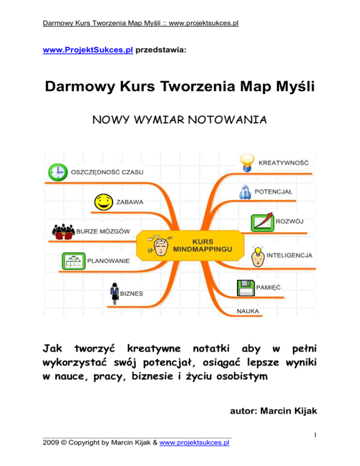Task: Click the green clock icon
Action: [x=57, y=173]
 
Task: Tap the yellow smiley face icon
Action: [x=103, y=203]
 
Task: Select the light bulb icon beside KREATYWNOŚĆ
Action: [x=247, y=163]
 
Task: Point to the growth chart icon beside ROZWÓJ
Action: [x=262, y=222]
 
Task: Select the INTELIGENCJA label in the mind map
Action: [x=289, y=256]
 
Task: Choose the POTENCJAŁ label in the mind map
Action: [x=273, y=191]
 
